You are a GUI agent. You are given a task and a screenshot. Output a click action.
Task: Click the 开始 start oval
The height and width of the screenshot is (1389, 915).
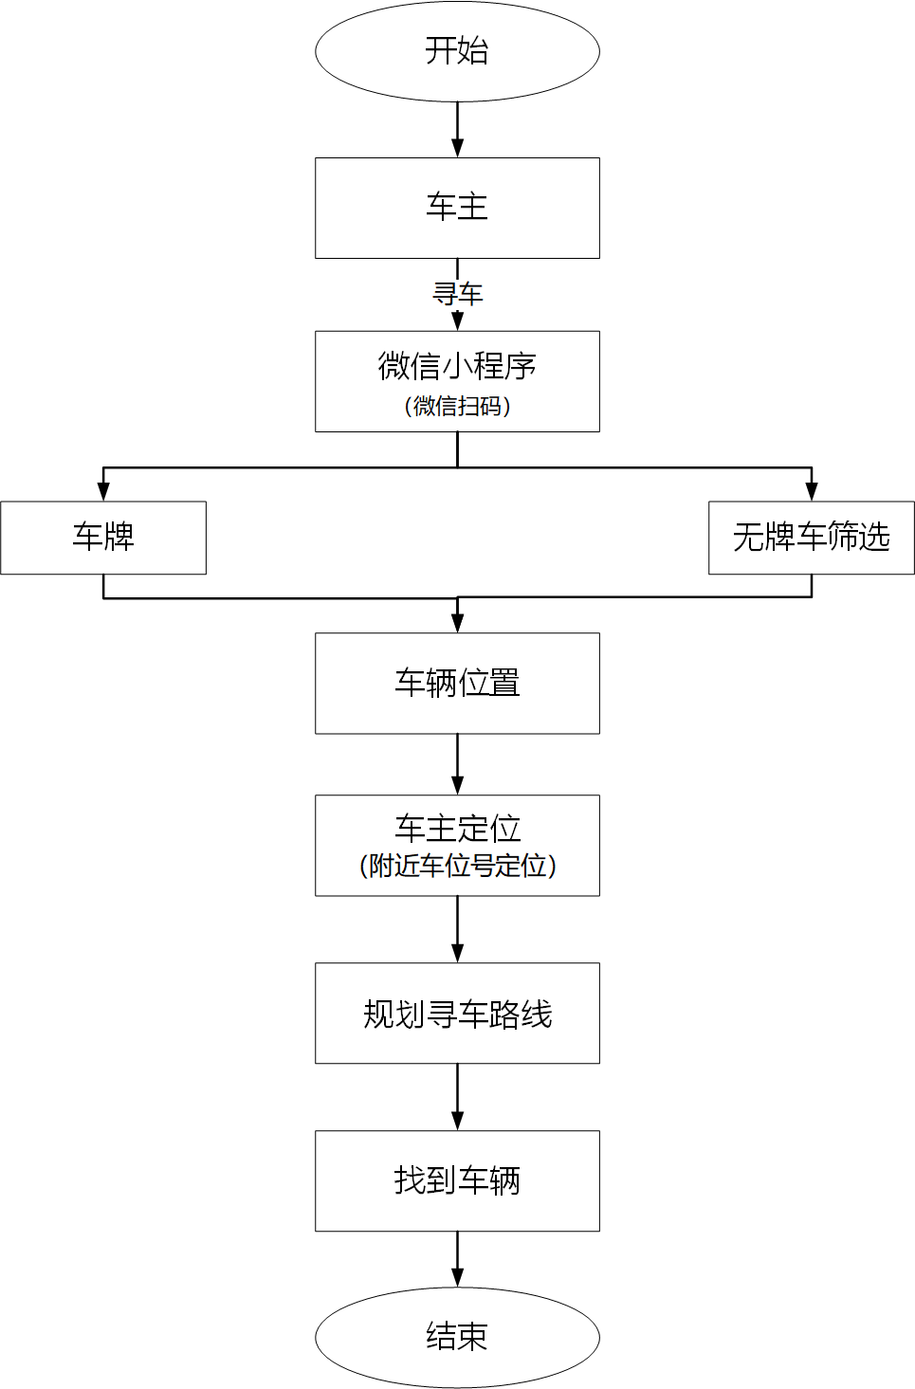[x=457, y=51]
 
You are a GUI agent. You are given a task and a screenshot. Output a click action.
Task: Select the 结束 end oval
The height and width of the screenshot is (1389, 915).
[x=457, y=1337]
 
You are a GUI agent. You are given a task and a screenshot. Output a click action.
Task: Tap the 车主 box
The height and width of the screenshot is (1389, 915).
[x=457, y=208]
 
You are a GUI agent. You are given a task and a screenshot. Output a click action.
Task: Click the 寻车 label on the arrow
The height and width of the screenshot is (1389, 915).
[x=457, y=294]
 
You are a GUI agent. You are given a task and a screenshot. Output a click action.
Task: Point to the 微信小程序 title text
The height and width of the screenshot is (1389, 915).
[x=457, y=366]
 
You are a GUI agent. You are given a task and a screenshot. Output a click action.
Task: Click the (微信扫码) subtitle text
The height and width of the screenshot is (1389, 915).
[x=457, y=406]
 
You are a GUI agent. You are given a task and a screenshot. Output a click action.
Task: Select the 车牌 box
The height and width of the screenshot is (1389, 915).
[x=103, y=538]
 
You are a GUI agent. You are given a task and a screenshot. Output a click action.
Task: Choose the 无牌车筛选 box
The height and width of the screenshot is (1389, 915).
[x=811, y=538]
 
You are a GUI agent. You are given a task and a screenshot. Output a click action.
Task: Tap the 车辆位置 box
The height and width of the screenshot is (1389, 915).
[x=457, y=683]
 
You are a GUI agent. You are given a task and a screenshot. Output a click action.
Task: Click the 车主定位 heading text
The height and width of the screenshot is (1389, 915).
[x=457, y=829]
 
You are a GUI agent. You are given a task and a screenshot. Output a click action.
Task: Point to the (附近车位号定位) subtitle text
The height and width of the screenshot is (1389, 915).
[x=457, y=866]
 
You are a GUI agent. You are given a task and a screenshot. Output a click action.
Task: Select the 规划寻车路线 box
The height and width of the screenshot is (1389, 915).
[x=457, y=1014]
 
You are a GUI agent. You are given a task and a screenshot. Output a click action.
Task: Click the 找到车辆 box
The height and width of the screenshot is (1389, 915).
[x=457, y=1180]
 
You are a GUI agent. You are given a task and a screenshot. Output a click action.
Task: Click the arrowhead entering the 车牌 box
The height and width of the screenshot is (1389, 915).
[x=103, y=491]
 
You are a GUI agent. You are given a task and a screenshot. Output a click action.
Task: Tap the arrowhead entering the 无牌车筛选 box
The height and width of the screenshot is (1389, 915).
[x=811, y=491]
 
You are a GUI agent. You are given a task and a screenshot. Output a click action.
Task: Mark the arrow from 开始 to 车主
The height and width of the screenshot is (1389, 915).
[x=457, y=129]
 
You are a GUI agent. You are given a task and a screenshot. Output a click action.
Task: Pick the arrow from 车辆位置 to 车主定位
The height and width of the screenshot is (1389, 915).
[x=457, y=764]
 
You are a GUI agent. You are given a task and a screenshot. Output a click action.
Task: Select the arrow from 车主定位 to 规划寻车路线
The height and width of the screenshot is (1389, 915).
[x=457, y=929]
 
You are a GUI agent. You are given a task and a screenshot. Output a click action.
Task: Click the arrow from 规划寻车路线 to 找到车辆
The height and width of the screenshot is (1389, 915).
[x=457, y=1097]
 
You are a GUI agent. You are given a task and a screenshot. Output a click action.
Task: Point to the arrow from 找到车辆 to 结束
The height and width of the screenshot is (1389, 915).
[x=457, y=1259]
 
